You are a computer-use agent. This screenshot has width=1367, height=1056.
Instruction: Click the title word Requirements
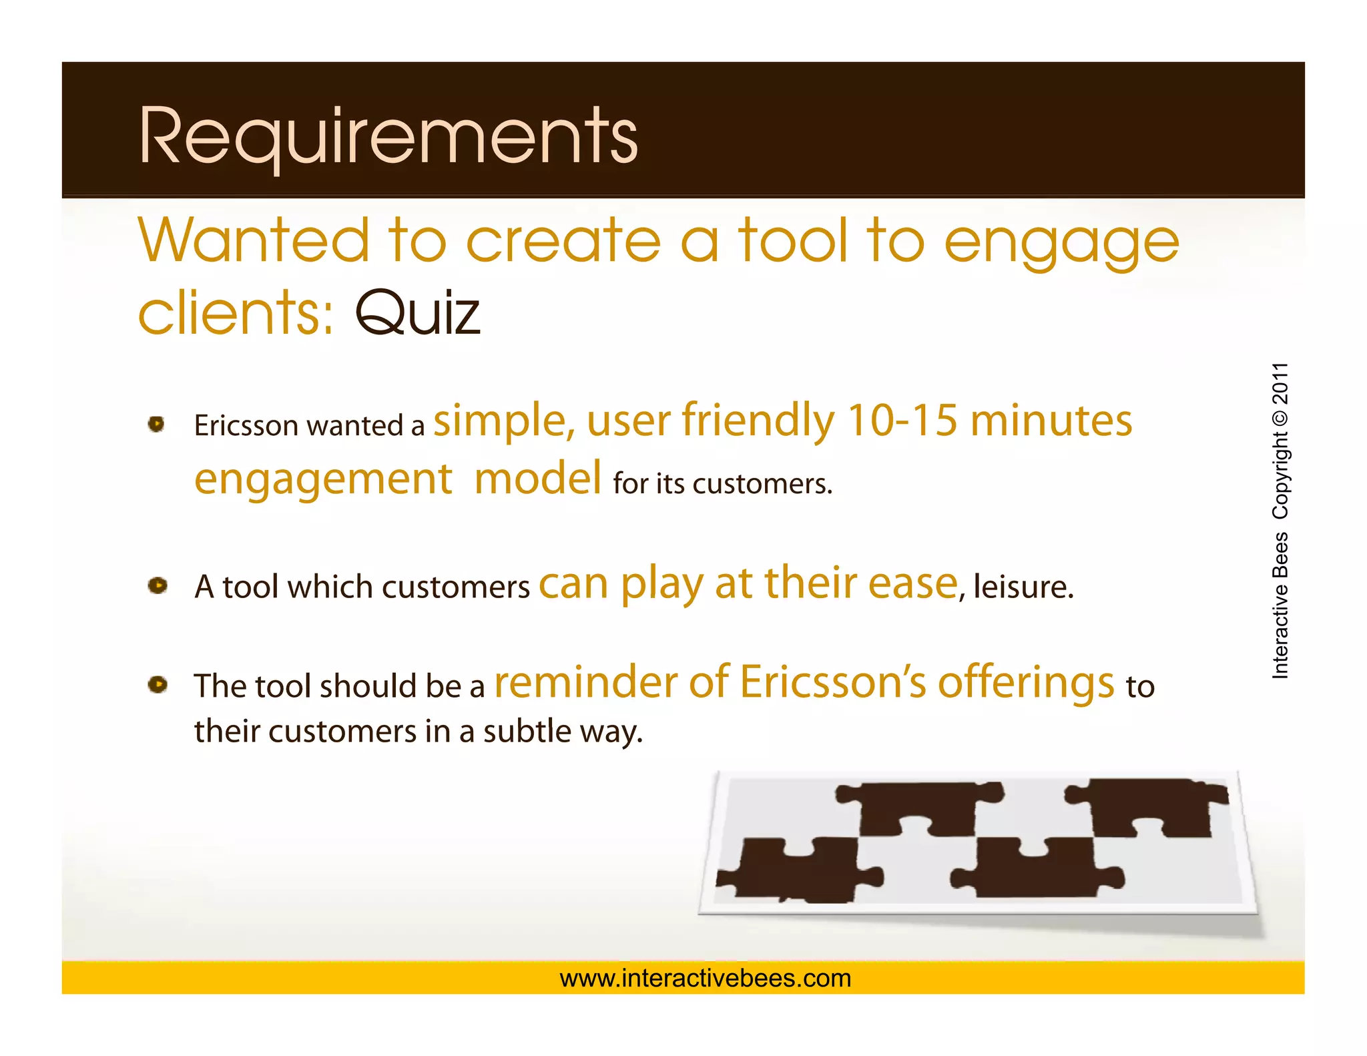coord(388,137)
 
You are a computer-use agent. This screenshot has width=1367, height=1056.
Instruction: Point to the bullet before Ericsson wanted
coord(157,424)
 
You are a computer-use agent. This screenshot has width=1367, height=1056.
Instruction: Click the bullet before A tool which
coord(158,585)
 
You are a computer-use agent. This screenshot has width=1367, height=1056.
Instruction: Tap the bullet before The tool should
coord(158,684)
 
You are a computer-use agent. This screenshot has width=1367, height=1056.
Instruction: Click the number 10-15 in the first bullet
coord(902,421)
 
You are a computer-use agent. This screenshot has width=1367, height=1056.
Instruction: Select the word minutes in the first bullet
coord(1051,421)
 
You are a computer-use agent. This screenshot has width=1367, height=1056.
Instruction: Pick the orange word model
coord(538,479)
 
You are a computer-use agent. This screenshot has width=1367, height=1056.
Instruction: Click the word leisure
coord(1023,587)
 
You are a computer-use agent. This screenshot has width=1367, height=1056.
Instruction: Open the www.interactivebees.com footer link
coord(706,979)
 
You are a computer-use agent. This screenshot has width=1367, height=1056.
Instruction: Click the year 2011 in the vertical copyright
coord(1280,384)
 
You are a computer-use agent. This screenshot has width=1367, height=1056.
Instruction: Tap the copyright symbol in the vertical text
coord(1280,419)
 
